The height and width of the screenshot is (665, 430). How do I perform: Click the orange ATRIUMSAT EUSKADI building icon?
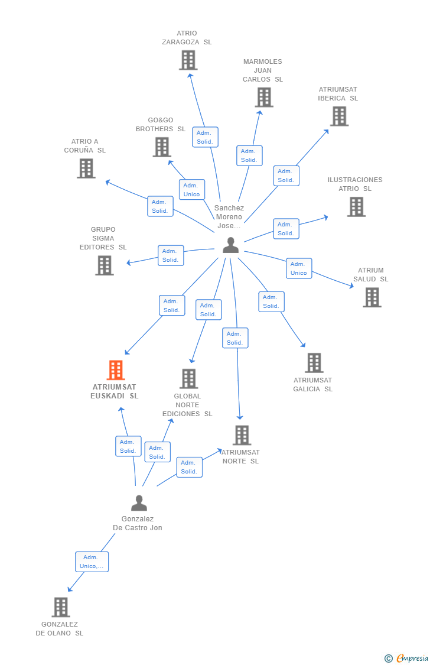click(116, 370)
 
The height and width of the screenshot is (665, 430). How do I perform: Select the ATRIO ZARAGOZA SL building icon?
click(188, 60)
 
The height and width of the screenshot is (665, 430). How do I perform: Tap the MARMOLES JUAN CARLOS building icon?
click(264, 98)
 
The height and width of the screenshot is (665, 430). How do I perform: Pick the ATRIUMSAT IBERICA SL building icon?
click(339, 116)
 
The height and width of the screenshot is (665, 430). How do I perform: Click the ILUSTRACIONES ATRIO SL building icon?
click(356, 207)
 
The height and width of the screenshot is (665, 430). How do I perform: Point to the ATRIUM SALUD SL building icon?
click(372, 297)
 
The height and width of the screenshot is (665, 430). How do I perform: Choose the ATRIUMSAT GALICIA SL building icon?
click(314, 363)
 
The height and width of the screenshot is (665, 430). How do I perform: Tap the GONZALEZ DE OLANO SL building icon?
click(61, 607)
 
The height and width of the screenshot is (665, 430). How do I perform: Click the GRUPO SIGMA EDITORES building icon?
click(105, 265)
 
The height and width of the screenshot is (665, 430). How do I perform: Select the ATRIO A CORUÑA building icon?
click(86, 168)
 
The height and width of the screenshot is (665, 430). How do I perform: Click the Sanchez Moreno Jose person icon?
click(230, 245)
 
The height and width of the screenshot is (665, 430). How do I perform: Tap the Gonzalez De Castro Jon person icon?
click(139, 503)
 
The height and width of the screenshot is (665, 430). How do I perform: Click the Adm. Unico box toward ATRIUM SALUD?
click(299, 268)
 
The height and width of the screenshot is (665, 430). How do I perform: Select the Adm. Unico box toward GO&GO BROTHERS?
click(192, 190)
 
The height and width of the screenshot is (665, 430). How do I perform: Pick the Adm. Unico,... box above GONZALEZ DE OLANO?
click(92, 562)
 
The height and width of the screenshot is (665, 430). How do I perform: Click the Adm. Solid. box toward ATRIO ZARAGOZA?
click(205, 137)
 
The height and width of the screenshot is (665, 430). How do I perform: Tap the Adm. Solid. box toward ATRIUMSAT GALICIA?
click(271, 301)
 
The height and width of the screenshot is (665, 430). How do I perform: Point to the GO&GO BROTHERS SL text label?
click(161, 125)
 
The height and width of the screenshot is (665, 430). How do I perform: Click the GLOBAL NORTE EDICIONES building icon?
click(188, 378)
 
